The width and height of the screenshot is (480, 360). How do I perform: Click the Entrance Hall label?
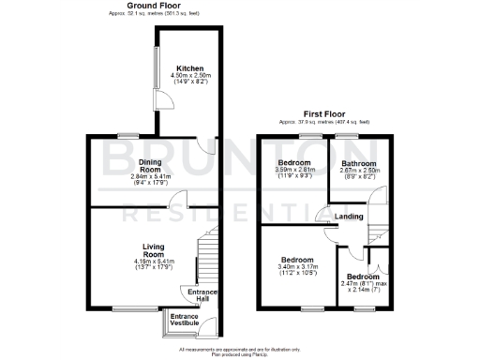click(202, 295)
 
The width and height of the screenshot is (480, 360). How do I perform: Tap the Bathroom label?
click(358, 163)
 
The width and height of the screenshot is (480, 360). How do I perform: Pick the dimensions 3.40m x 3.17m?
click(298, 266)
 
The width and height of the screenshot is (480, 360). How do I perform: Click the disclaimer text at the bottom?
click(239, 351)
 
